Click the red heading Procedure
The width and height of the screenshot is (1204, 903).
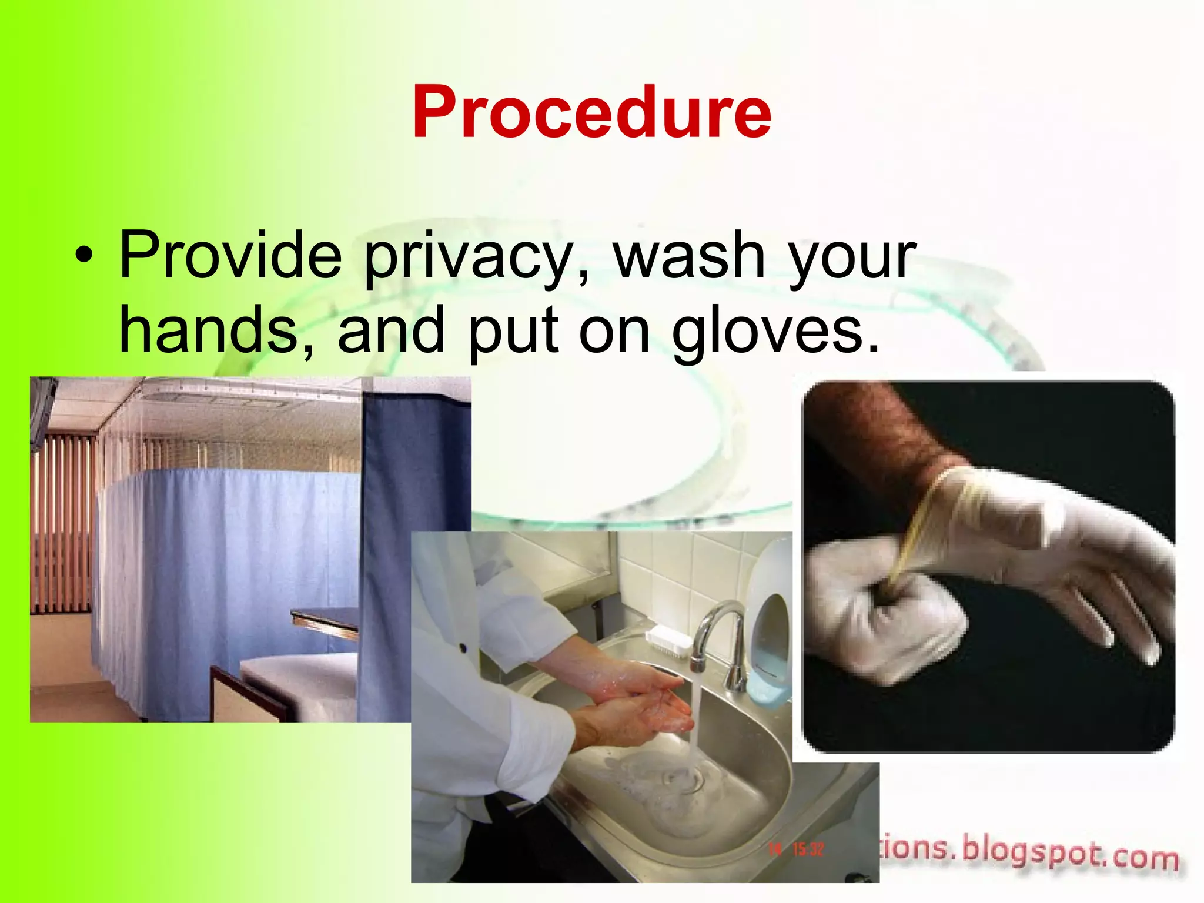tap(591, 112)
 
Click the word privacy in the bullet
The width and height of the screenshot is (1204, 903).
tap(468, 257)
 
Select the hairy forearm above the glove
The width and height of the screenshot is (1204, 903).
tap(888, 435)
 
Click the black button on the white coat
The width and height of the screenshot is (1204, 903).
tap(463, 648)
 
